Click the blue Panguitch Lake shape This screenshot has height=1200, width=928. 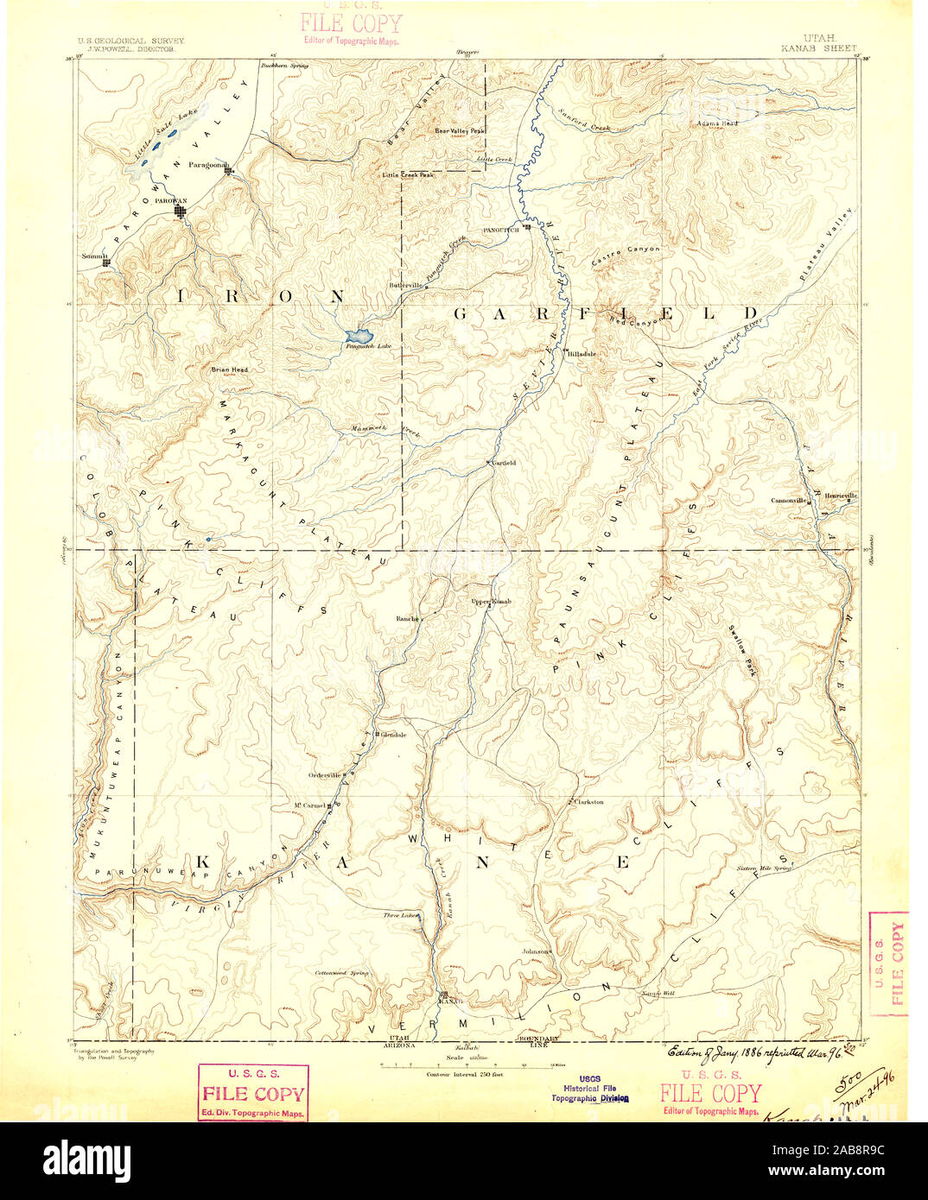358,334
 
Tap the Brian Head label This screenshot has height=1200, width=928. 229,369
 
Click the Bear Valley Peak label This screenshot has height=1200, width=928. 460,131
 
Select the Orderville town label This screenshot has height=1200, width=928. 326,774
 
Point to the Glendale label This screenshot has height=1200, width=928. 393,735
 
